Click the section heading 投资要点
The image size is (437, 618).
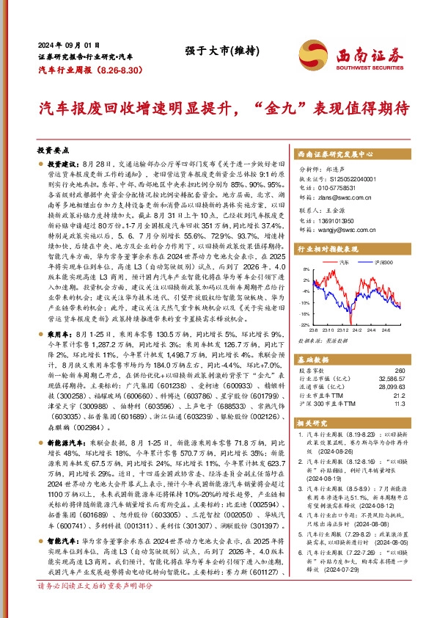pos(53,148)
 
